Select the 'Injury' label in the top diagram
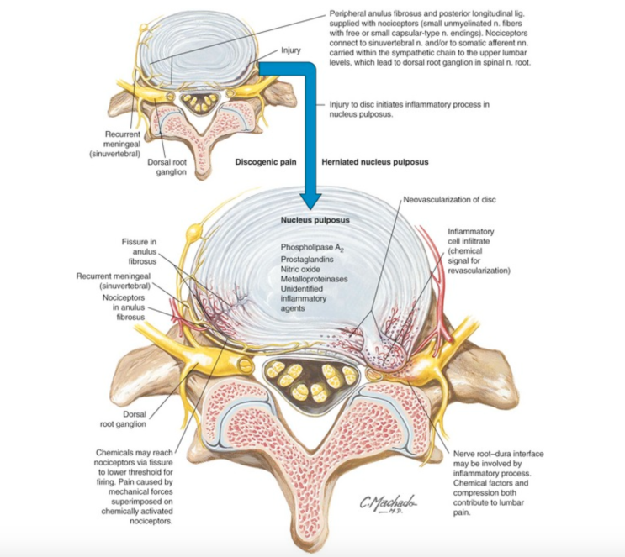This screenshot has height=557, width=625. (291, 50)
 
